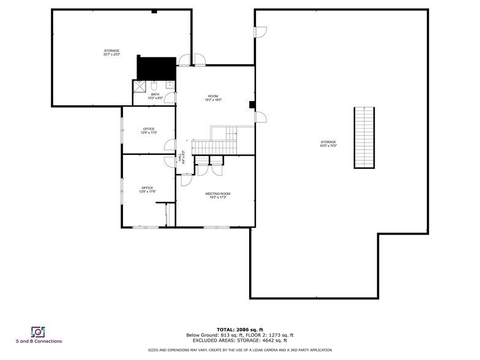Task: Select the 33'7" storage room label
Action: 111,52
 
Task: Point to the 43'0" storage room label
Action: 328,144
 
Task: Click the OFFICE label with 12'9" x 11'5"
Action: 149,130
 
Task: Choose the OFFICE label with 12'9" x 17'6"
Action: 148,190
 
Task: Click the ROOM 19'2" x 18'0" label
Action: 213,98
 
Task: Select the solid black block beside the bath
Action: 156,67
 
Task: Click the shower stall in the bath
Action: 140,87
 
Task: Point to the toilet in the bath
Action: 155,85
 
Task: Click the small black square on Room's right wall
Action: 252,105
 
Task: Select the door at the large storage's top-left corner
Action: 260,31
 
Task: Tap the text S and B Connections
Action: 39,342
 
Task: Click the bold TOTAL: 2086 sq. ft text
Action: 240,329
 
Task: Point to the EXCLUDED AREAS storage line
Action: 240,340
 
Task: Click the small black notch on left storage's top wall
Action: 154,11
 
